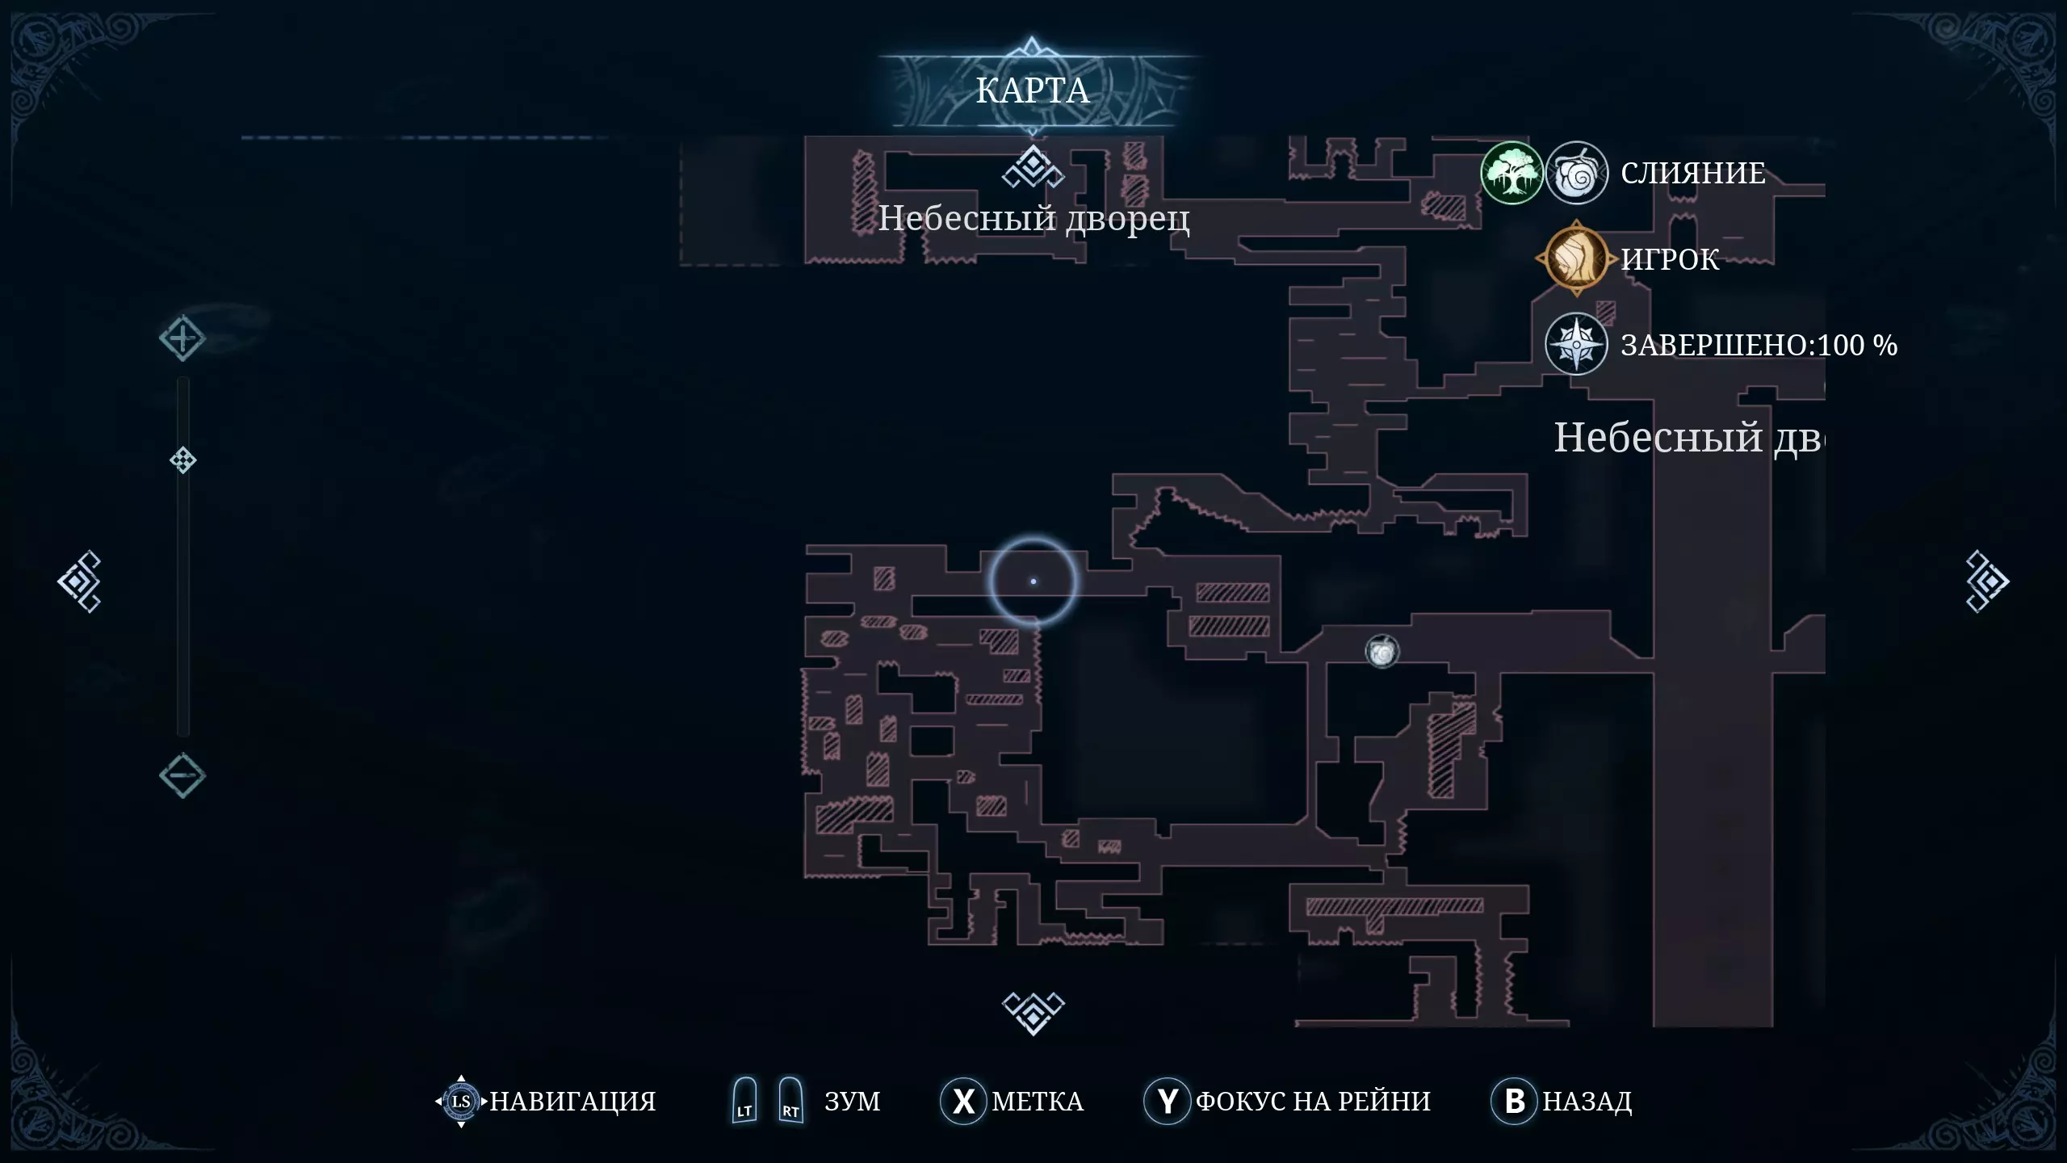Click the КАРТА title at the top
click(1032, 90)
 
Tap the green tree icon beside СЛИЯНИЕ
click(1511, 173)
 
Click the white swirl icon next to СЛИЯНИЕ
click(1576, 173)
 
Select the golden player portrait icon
click(1574, 258)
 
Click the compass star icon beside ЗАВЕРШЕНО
click(1575, 345)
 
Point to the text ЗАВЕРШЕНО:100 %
click(1759, 346)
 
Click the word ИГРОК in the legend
click(1670, 259)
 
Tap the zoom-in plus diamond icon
click(182, 338)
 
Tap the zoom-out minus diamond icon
click(182, 775)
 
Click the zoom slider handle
click(183, 460)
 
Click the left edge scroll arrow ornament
click(79, 581)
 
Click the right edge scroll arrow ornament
click(1986, 581)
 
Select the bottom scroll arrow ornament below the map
click(1033, 1013)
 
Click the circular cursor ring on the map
click(1033, 581)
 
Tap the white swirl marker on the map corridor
click(1381, 651)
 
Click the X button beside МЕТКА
click(963, 1101)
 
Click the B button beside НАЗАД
click(1515, 1101)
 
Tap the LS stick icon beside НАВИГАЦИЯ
click(461, 1101)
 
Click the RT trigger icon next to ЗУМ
click(790, 1101)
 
